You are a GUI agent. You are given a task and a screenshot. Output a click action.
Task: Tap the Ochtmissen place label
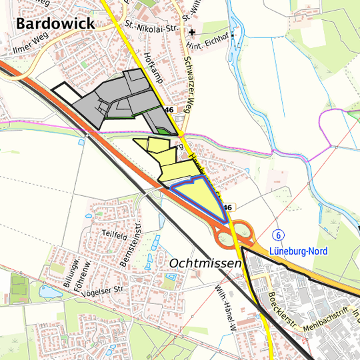coord(205,264)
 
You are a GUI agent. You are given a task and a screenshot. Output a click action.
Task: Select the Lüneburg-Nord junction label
coord(298,251)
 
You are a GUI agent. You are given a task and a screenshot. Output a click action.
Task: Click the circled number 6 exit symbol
coord(278,235)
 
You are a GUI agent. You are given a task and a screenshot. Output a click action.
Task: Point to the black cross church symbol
coord(192,32)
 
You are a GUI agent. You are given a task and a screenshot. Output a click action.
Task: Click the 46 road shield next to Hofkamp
coord(169,109)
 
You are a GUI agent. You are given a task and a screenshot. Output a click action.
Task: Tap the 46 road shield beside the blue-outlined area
coord(227,207)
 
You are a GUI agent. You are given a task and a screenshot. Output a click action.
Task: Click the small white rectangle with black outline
coord(65,91)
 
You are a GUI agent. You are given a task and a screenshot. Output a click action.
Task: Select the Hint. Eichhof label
coord(205,46)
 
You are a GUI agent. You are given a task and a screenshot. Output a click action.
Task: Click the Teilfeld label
coord(115,235)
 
